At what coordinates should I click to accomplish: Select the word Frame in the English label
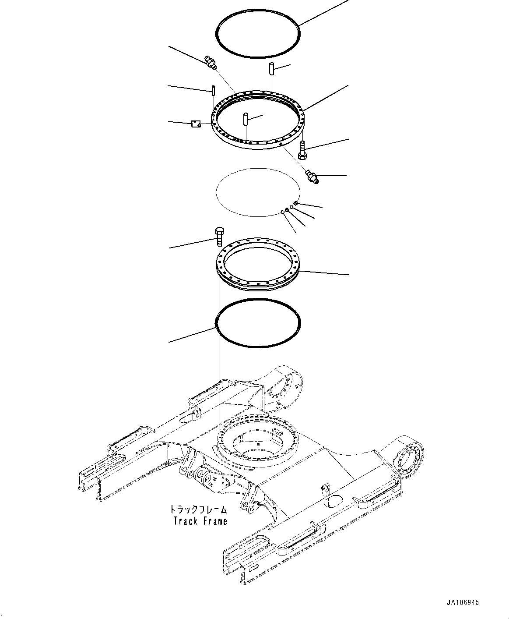[214, 521]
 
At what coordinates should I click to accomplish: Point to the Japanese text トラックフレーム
[199, 509]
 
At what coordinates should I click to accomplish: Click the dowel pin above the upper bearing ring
[271, 69]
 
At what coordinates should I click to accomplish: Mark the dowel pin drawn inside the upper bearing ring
[246, 119]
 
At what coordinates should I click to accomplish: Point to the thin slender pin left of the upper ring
[213, 91]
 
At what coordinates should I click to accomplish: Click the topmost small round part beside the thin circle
[296, 203]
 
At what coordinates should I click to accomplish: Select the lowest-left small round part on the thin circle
[283, 212]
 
